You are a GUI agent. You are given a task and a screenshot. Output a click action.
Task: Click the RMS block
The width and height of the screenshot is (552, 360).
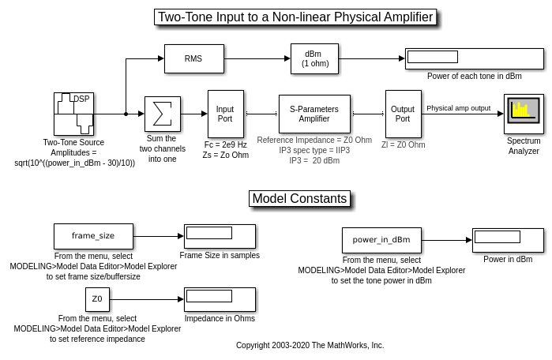[193, 58]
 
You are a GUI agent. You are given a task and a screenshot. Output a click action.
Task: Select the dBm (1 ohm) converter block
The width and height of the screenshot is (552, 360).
[314, 58]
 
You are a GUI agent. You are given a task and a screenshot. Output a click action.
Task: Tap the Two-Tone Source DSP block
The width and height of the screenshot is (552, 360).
[73, 114]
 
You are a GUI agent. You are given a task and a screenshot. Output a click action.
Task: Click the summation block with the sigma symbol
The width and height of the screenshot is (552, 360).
[163, 114]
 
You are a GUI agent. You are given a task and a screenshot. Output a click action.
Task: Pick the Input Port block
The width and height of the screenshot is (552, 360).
[225, 114]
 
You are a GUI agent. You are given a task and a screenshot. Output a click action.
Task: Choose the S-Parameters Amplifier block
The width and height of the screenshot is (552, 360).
[314, 114]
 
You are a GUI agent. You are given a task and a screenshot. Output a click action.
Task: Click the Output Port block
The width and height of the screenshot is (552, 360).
[403, 114]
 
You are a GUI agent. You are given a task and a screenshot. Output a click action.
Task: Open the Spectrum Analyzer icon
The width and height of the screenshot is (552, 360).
[523, 114]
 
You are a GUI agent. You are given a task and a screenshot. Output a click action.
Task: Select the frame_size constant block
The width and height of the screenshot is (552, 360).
[93, 235]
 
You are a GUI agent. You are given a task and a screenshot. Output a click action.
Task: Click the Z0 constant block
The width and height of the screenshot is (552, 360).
[97, 299]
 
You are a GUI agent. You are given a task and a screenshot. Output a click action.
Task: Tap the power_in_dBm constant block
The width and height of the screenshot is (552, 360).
[381, 239]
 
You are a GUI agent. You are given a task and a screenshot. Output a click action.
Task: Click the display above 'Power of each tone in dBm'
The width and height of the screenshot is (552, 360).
[475, 58]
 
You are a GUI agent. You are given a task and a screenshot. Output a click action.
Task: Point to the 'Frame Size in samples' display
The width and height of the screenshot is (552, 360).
[220, 235]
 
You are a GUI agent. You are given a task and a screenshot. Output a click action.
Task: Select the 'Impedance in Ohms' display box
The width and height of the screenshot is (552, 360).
[220, 299]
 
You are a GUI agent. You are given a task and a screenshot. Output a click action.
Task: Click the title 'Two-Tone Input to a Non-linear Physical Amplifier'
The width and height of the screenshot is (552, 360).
[295, 17]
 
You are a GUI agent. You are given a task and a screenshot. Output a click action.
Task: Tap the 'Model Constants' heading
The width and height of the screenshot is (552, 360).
[299, 198]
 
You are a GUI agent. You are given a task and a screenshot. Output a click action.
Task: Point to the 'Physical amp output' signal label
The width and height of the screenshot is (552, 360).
[458, 108]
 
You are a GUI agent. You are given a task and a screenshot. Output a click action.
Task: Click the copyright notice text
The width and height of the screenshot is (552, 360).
[310, 345]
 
